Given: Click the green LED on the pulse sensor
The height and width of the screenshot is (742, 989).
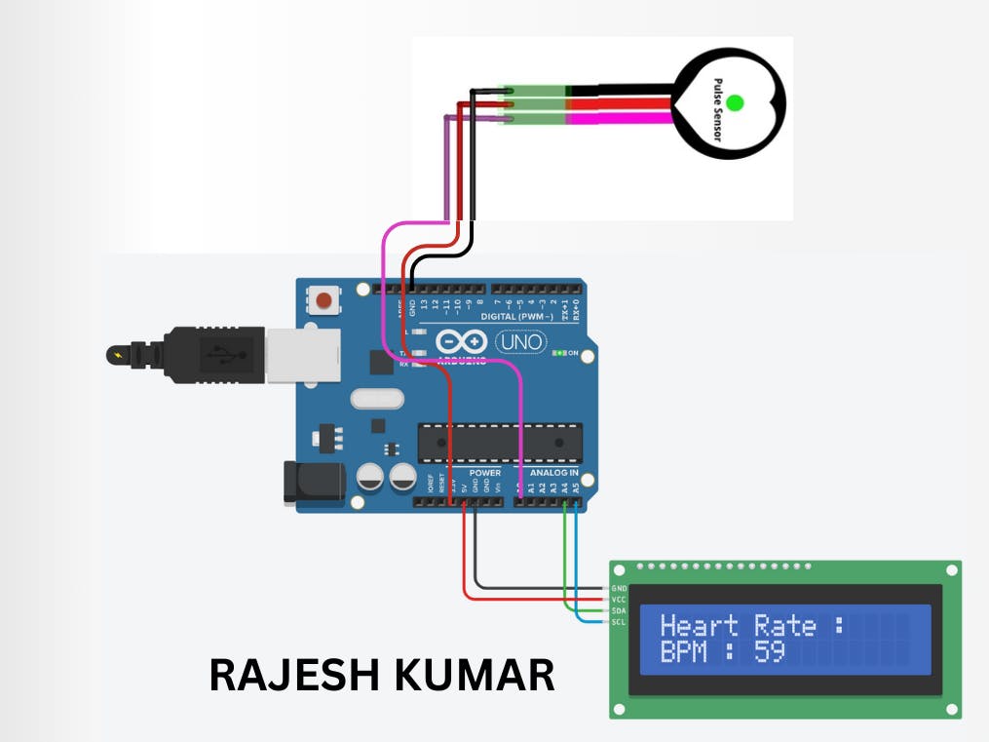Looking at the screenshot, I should [x=735, y=102].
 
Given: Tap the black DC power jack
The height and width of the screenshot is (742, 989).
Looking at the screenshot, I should [x=314, y=483].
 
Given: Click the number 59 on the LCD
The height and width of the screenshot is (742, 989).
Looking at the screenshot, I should [x=770, y=651].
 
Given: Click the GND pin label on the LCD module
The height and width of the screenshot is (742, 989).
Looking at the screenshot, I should [x=619, y=589].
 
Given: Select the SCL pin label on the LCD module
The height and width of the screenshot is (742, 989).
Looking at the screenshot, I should [x=619, y=621].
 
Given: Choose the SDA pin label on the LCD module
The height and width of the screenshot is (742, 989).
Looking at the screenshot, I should [x=619, y=610].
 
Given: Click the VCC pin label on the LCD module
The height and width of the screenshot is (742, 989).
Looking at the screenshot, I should [x=619, y=600].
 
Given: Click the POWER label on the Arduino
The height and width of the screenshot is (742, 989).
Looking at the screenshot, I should [x=484, y=473].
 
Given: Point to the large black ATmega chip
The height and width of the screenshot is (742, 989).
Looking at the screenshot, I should [x=500, y=443].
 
